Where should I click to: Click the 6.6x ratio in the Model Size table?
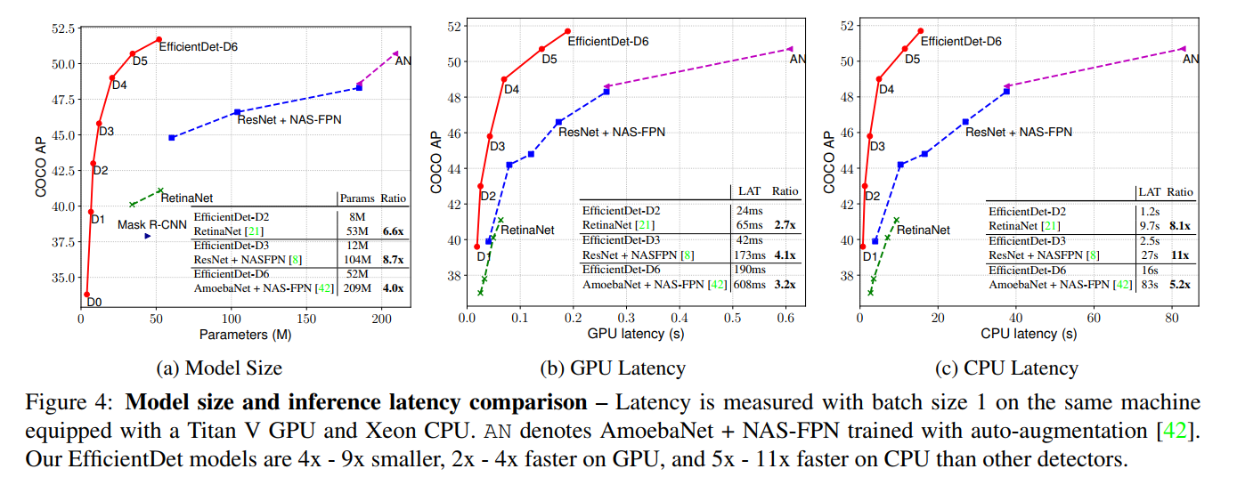pyautogui.click(x=393, y=230)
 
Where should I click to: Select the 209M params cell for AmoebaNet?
pyautogui.click(x=358, y=289)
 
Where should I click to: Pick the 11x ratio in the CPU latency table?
pyautogui.click(x=1180, y=255)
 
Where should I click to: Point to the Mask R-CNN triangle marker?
pyautogui.click(x=148, y=236)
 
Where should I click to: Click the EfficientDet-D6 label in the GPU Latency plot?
pyautogui.click(x=608, y=41)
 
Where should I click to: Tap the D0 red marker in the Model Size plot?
pyautogui.click(x=86, y=294)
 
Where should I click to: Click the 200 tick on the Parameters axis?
pyautogui.click(x=382, y=319)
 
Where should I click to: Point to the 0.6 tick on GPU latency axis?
pyautogui.click(x=785, y=319)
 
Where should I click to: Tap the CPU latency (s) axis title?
pyautogui.click(x=1029, y=335)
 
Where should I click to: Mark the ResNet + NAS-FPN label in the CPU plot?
pyautogui.click(x=1019, y=132)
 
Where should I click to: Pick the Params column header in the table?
pyautogui.click(x=357, y=198)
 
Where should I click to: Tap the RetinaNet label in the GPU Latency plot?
pyautogui.click(x=527, y=230)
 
